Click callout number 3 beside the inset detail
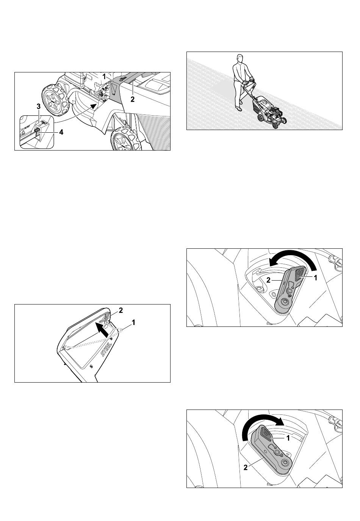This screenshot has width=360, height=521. (38, 107)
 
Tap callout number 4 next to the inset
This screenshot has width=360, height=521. (61, 132)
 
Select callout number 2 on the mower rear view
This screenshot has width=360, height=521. (133, 99)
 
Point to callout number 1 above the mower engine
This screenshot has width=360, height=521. (104, 76)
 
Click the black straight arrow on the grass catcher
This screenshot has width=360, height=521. (102, 330)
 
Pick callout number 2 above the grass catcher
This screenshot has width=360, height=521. (121, 310)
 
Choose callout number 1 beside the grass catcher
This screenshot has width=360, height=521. (133, 322)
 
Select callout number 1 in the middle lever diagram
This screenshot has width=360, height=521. (316, 278)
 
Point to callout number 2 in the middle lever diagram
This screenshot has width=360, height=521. (268, 280)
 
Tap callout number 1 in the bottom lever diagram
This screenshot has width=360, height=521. (288, 438)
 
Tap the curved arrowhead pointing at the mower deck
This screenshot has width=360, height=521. (94, 106)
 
